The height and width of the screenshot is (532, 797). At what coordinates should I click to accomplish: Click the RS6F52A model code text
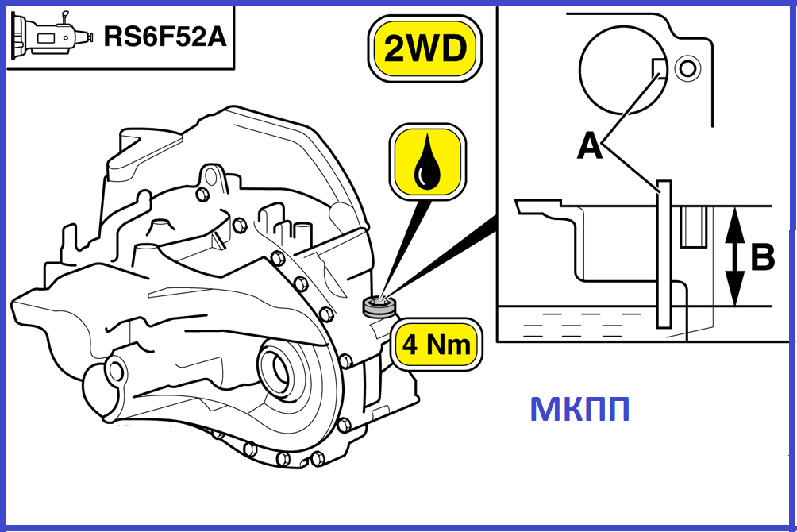(x=164, y=36)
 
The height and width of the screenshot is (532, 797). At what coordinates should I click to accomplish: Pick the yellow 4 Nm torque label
(x=437, y=345)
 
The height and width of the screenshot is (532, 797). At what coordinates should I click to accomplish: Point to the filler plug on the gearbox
(x=379, y=306)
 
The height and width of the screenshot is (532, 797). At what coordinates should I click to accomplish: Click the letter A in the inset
(x=588, y=145)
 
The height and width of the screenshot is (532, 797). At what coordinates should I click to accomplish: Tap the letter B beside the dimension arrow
(x=760, y=256)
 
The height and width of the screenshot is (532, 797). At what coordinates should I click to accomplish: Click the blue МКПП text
(x=579, y=410)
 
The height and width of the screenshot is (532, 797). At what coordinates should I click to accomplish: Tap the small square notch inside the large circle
(x=658, y=69)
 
